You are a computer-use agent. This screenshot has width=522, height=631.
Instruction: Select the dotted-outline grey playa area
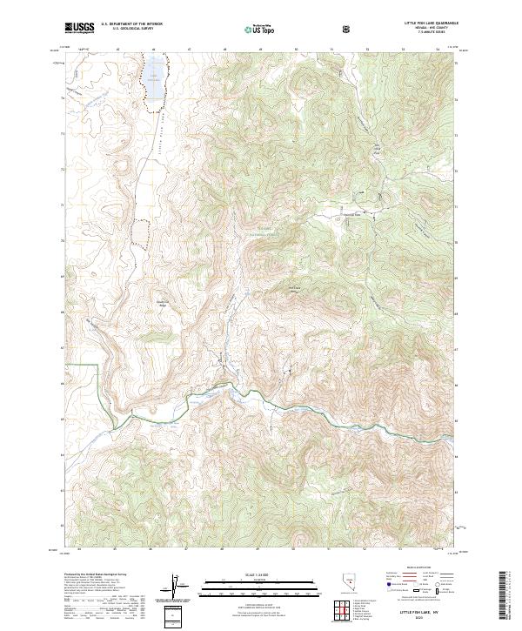[x=138, y=232]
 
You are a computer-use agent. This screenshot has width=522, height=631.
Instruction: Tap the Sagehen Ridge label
[x=162, y=304]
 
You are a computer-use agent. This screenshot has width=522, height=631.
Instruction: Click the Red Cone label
[x=294, y=290]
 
